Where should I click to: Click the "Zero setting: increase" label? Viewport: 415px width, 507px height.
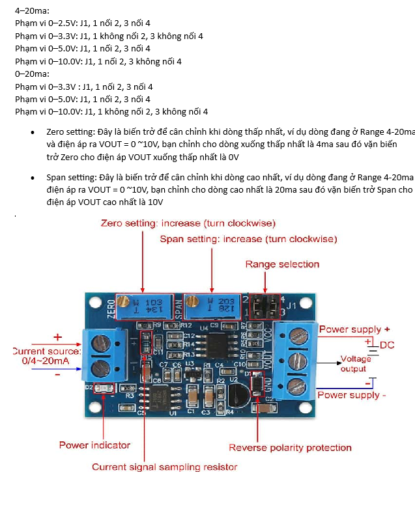[188, 223]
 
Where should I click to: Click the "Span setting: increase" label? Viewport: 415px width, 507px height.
[248, 240]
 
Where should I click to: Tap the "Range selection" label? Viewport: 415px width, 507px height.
[282, 264]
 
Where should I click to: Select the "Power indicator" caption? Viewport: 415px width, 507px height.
[94, 445]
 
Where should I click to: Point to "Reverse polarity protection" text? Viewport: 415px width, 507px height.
[290, 448]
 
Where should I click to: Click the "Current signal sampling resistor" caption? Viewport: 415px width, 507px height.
[164, 467]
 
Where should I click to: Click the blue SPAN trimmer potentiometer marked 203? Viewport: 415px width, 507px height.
[210, 305]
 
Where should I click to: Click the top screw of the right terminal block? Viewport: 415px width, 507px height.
[298, 336]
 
